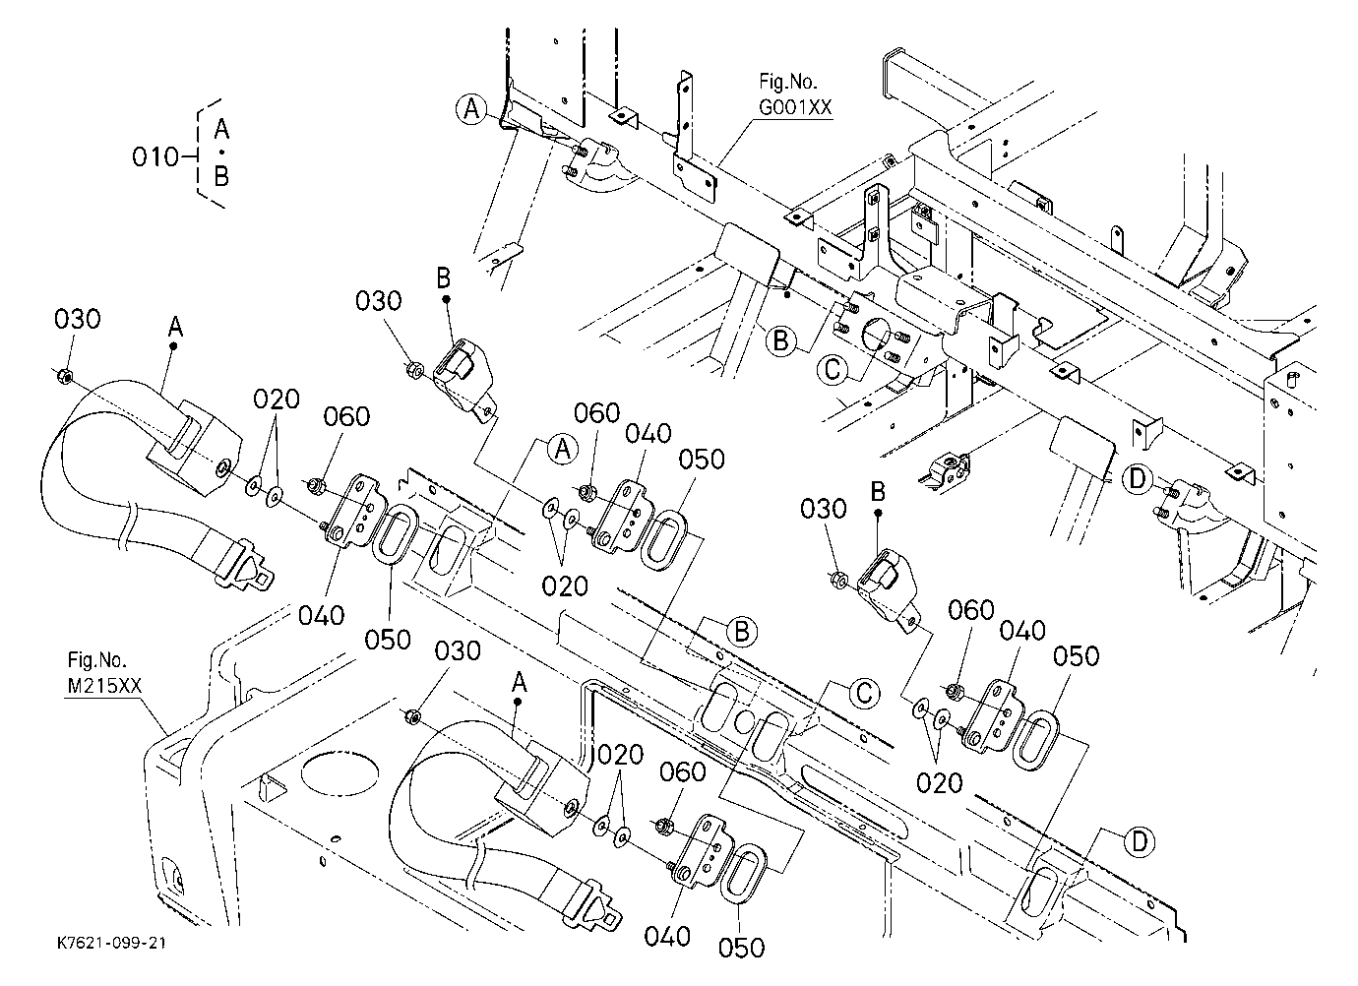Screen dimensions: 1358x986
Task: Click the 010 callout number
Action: (155, 157)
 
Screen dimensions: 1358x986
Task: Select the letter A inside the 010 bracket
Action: (221, 129)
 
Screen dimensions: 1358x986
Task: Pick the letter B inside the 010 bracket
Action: (221, 176)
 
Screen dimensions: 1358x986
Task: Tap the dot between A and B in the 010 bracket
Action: (221, 153)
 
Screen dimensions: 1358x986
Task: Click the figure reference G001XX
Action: (795, 107)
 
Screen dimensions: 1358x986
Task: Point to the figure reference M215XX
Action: (104, 686)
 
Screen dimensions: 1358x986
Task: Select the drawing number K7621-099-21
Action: (111, 943)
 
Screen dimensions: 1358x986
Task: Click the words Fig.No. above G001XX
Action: (788, 82)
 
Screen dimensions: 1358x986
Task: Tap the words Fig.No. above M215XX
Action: (97, 659)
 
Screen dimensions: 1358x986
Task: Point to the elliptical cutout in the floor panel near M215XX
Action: (339, 773)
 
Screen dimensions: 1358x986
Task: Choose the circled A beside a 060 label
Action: (563, 450)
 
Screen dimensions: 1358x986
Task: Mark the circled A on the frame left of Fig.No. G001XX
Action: (471, 109)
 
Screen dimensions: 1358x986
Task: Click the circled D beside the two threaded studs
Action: (1138, 479)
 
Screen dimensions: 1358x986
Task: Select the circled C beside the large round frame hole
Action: (833, 369)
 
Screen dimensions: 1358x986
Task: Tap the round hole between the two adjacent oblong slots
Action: (744, 721)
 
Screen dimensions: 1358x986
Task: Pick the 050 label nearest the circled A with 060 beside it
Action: (702, 459)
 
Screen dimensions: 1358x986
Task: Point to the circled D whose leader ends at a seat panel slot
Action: (1140, 841)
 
